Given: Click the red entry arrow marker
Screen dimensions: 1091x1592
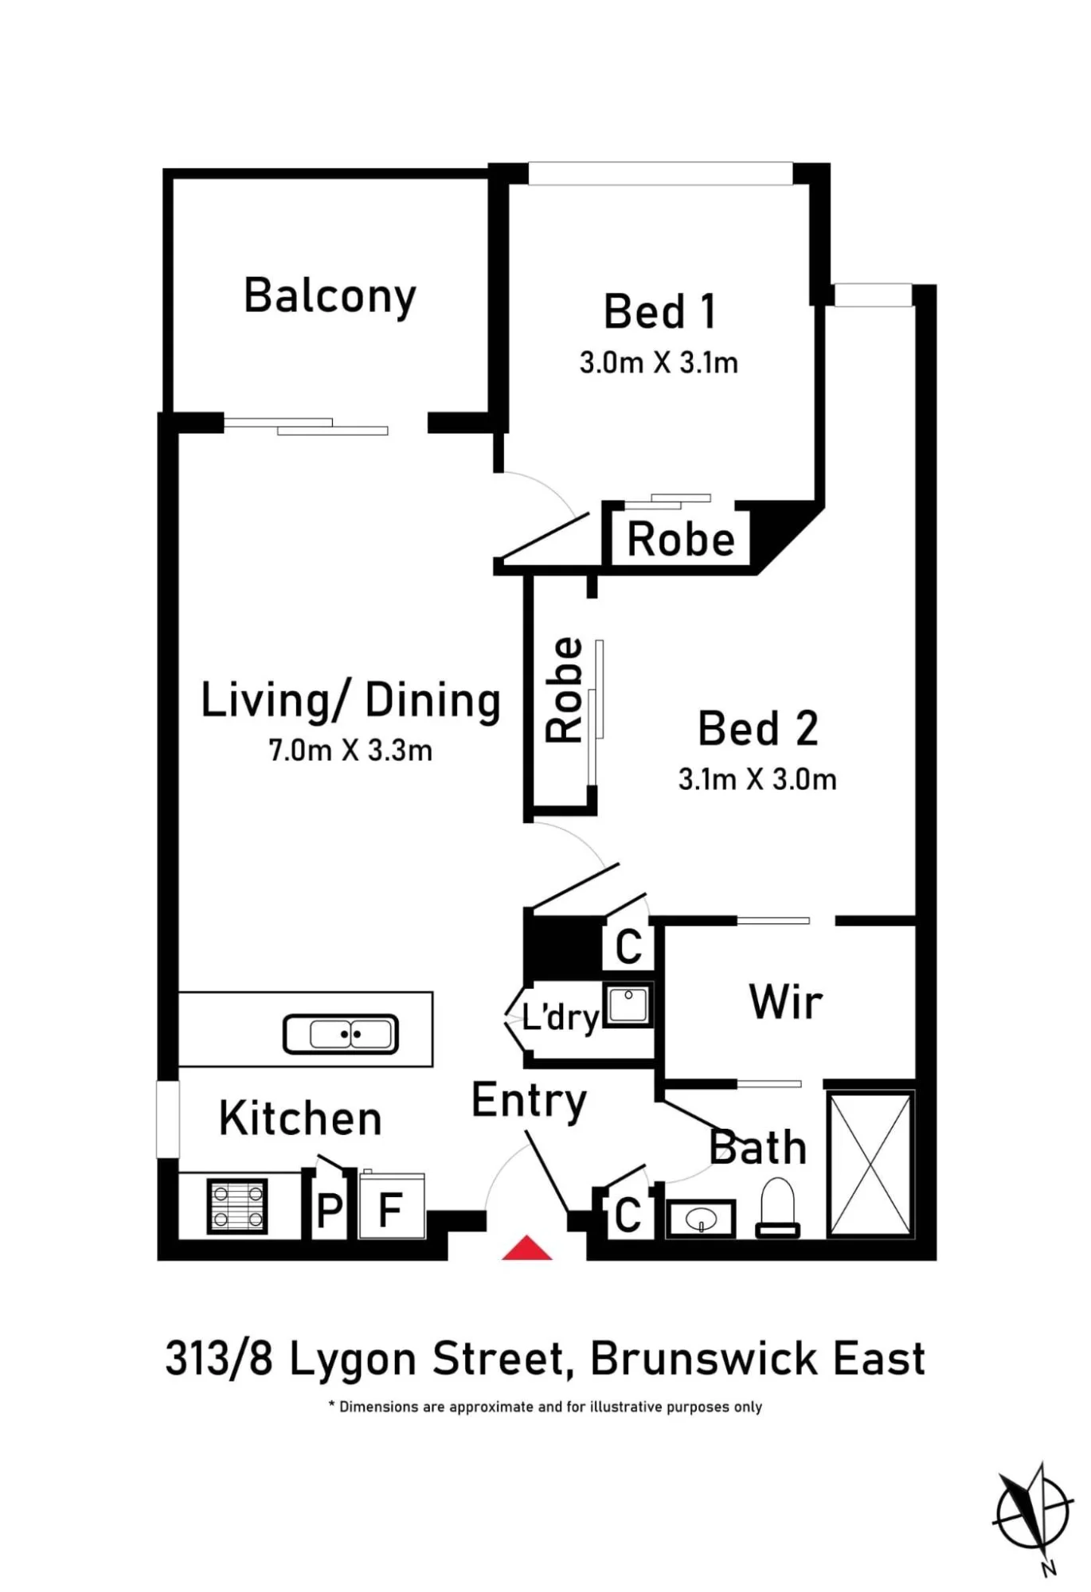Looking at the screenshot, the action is pos(526,1247).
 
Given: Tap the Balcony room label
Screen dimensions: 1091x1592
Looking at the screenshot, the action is pos(330,297).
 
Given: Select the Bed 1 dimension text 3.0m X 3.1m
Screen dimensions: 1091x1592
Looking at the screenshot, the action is pos(659,363).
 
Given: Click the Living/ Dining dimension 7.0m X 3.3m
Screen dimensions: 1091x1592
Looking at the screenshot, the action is pos(350,750).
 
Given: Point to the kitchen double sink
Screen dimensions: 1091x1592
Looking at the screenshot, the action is pos(341,1034).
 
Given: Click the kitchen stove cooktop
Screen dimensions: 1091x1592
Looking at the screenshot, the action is pos(237,1206).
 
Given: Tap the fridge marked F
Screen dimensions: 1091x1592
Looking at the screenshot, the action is pos(391,1207).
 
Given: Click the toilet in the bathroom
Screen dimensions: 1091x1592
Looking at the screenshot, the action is pos(778,1207).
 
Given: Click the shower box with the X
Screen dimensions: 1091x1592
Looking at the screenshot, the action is pos(870,1164).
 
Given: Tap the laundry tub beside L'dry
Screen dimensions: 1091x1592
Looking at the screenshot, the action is pos(628,1005).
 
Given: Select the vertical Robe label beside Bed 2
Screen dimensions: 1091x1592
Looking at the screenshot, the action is pos(565,690).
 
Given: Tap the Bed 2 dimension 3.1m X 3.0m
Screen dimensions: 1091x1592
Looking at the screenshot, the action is pos(757,778).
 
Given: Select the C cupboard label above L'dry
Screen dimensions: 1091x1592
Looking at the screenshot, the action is pos(628,946).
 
